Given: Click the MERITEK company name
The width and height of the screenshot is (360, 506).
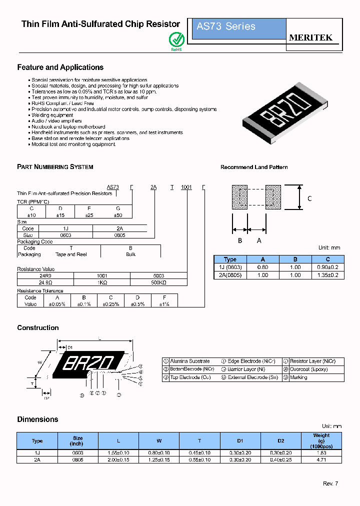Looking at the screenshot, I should pos(310,38).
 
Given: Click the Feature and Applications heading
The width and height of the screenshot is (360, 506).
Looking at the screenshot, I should pos(60,67).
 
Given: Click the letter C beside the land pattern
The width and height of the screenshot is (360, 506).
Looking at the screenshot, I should pos(309,198).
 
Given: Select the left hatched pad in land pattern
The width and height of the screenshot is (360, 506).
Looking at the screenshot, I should pos(239,197).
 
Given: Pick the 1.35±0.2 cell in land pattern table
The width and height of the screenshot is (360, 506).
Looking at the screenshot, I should pos(327,275).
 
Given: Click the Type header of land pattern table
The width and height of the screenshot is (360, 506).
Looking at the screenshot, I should pos(230,259).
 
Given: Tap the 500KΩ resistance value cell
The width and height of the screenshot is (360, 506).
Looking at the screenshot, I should pos(158,282).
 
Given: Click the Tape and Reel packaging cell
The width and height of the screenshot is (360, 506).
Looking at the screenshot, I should pos(71,254).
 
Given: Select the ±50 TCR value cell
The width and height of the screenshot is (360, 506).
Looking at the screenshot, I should pos(118,215).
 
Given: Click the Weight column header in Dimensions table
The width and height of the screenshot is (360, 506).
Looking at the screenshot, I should pos(321,440).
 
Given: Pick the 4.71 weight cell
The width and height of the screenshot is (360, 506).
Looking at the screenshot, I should pos(321,458).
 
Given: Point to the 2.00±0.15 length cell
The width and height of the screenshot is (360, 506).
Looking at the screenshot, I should pos(118,458).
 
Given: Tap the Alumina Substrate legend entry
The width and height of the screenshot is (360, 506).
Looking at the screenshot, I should pos(189,361).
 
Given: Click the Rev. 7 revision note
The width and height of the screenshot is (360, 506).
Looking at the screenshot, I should pos(330,483).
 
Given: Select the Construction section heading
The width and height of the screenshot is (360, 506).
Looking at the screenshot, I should pos(38,328).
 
